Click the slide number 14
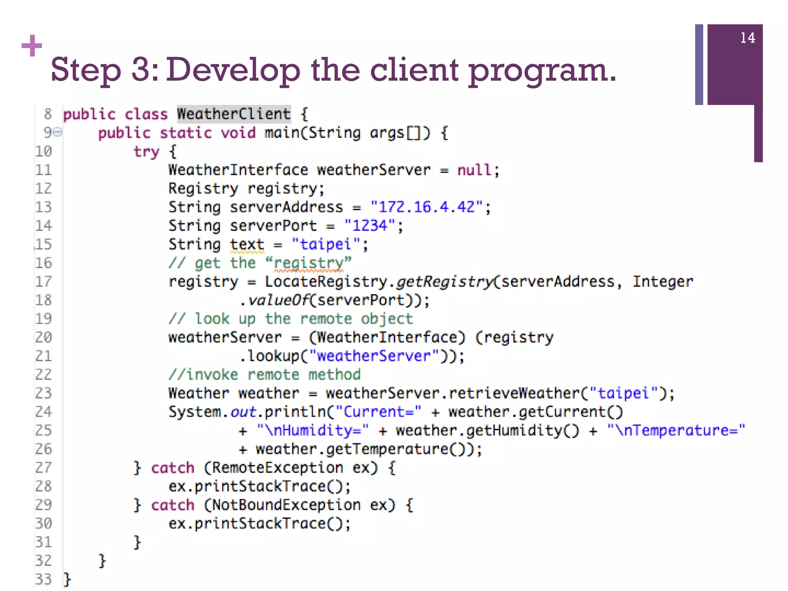[748, 38]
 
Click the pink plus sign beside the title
[32, 46]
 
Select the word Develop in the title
[233, 70]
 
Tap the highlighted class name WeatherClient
[234, 114]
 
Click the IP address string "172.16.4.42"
[427, 207]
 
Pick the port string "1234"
[370, 225]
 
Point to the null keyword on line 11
[474, 170]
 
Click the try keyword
[146, 152]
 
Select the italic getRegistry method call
[444, 282]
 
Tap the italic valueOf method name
[278, 300]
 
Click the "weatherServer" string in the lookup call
[374, 356]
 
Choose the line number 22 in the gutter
[43, 374]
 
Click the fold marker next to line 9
[57, 132]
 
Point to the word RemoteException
[277, 467]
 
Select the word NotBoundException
[286, 505]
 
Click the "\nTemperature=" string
[676, 430]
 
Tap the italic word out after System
[243, 412]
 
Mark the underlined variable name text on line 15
[247, 244]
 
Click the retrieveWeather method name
[514, 393]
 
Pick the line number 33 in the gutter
[43, 579]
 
